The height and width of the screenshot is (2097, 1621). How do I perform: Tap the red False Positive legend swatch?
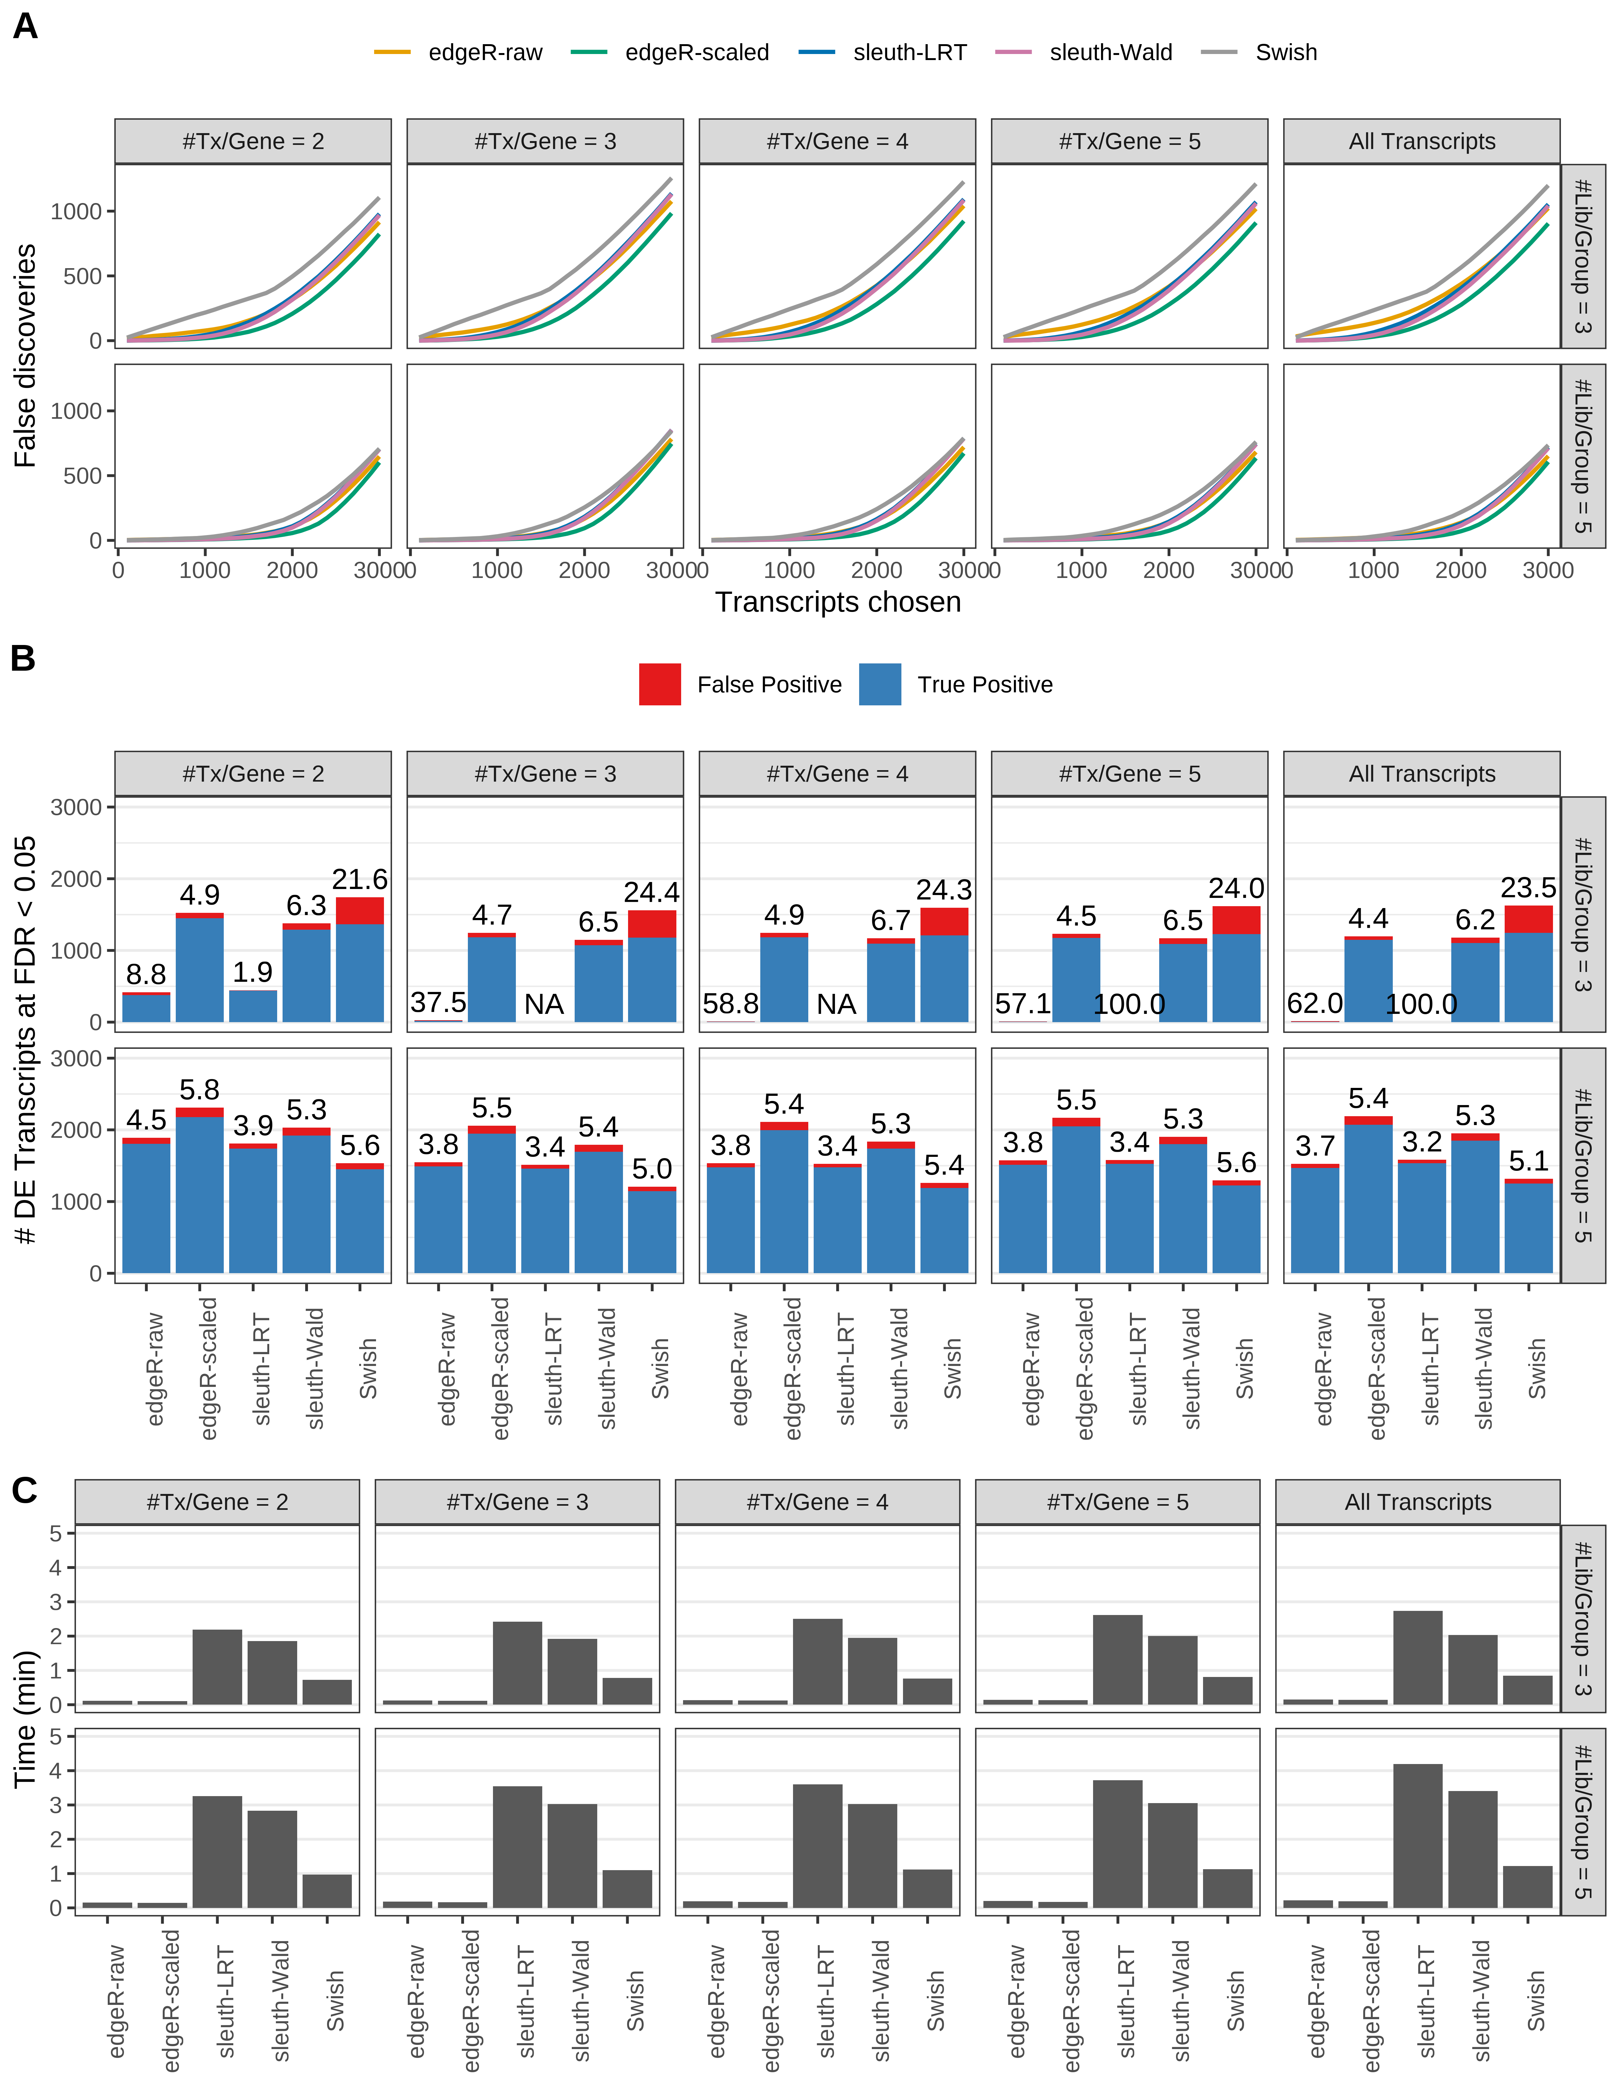[660, 685]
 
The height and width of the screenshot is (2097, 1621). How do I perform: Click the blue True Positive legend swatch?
[880, 685]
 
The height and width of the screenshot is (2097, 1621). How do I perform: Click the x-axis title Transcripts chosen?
[838, 602]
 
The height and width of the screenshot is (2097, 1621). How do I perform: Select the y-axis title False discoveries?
[26, 355]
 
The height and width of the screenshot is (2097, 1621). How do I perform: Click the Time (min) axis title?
[26, 1719]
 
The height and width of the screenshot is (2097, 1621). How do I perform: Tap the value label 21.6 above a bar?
[360, 879]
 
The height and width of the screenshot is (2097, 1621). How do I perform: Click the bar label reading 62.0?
[1314, 1003]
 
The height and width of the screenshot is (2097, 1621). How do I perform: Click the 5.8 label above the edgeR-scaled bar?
[200, 1090]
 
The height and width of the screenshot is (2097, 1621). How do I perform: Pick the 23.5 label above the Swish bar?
[1528, 888]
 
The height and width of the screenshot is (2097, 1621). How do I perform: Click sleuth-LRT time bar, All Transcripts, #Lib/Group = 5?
[1417, 1836]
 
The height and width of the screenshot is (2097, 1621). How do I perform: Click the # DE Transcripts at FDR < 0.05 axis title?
[26, 1040]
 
